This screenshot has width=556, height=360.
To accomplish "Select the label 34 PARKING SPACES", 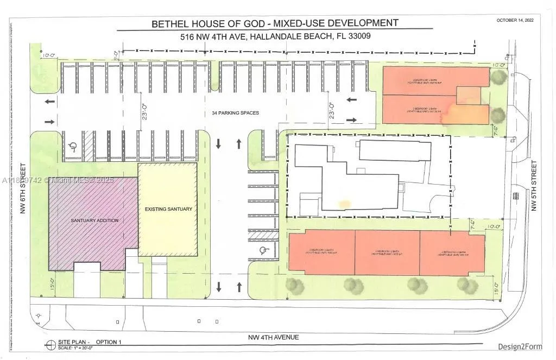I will (x=235, y=113).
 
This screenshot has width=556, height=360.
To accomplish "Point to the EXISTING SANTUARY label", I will (x=168, y=209).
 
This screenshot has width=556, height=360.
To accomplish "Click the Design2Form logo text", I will (x=520, y=346).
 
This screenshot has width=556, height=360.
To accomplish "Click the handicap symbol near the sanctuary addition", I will (x=73, y=147).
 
